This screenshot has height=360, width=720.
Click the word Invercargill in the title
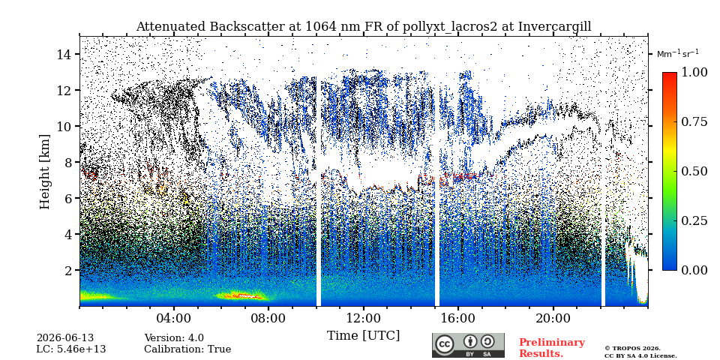(x=555, y=27)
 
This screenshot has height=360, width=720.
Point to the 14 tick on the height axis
(x=67, y=54)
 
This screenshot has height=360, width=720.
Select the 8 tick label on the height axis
(x=71, y=162)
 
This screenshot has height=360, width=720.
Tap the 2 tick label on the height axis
(x=71, y=270)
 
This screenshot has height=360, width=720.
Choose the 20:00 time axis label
(x=553, y=318)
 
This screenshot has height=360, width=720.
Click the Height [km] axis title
(x=44, y=172)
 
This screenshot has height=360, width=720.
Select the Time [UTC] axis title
(x=363, y=336)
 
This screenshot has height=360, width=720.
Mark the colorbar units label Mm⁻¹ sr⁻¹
(x=678, y=53)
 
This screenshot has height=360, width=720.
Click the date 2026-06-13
(x=64, y=338)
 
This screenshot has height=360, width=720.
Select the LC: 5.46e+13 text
(x=71, y=349)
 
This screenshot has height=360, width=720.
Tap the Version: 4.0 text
(x=174, y=338)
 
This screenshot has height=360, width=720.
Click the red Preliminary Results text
(x=552, y=348)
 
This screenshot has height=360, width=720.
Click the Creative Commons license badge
(x=468, y=345)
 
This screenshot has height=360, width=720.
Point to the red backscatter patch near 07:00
(x=242, y=296)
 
